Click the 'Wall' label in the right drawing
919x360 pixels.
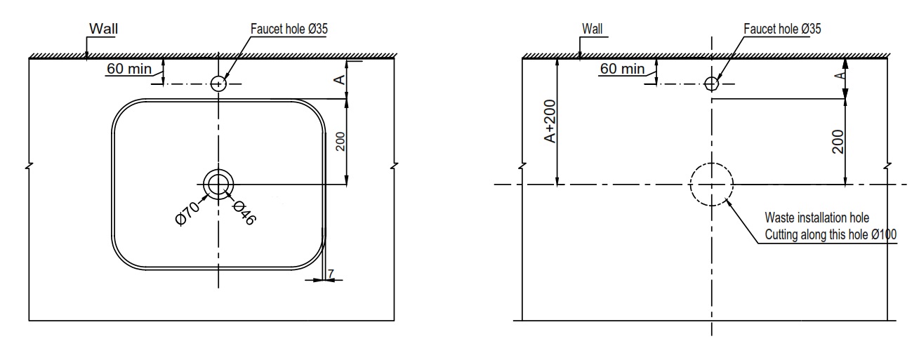[592, 29]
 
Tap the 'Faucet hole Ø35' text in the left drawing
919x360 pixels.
[289, 29]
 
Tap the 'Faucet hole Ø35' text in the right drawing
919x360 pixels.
[781, 29]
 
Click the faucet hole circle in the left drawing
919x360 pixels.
[219, 84]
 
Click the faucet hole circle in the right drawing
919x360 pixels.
[712, 84]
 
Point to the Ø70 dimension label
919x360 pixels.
[187, 212]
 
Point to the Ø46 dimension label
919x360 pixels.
[244, 212]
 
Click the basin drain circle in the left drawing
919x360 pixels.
[219, 185]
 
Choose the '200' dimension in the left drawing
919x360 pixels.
[340, 143]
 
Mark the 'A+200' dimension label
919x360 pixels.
[550, 121]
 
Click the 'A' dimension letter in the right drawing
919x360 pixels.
[837, 75]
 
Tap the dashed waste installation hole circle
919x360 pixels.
[712, 185]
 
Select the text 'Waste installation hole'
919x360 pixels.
[816, 220]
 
